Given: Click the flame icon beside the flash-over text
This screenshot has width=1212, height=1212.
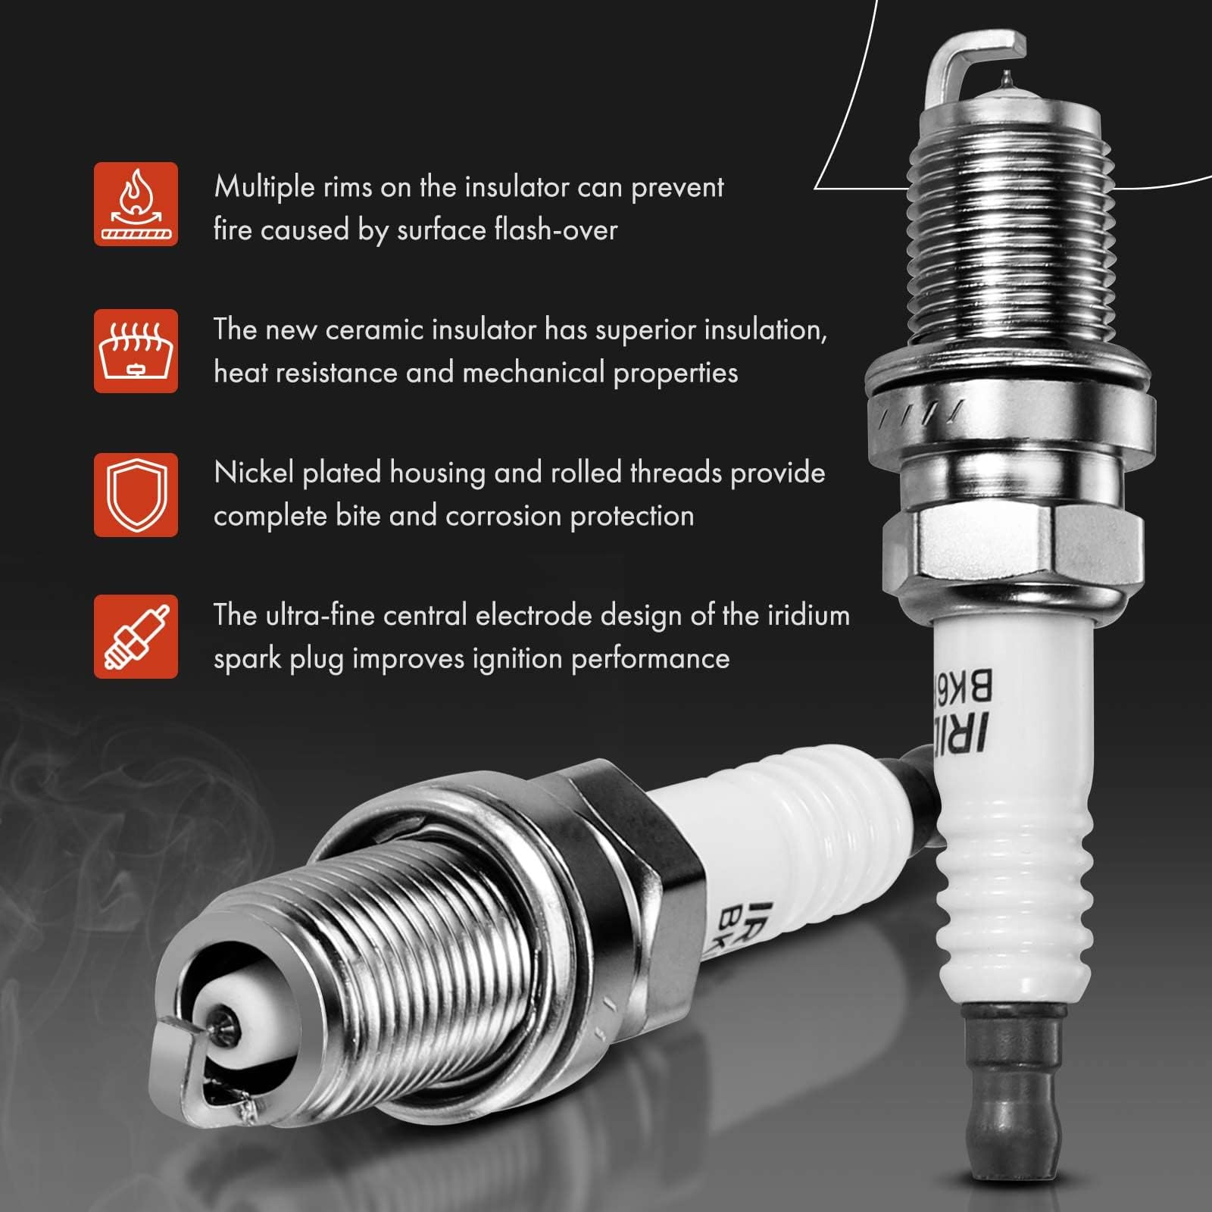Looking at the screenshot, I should pos(136,204).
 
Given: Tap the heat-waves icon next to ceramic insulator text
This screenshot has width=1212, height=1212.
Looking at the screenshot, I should pos(136,351).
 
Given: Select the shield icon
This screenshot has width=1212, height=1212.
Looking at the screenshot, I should pos(136,495).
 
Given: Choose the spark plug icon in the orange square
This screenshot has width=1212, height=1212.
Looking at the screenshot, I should pos(136,636).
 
